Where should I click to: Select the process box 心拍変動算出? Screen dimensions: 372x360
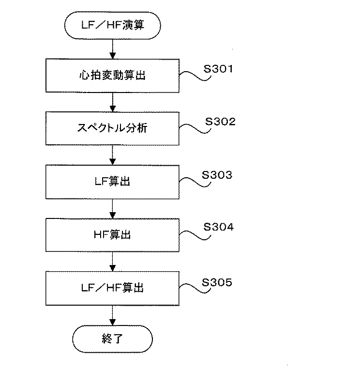[x=112, y=75]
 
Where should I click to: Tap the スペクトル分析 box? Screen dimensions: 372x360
[x=112, y=128]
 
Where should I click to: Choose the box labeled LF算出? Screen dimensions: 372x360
[x=112, y=182]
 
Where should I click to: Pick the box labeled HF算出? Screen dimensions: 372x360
[x=112, y=235]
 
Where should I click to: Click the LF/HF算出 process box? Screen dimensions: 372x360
[x=112, y=288]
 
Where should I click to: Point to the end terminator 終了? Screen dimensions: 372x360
[x=112, y=338]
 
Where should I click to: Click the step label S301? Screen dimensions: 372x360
[x=218, y=69]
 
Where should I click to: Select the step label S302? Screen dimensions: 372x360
[x=220, y=122]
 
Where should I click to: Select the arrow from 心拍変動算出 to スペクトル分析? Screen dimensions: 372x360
[x=112, y=101]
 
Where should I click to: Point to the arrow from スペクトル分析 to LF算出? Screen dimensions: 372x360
[x=112, y=155]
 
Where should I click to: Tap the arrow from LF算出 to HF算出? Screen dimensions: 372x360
[x=112, y=208]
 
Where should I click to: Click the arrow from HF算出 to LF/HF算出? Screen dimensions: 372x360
[x=112, y=261]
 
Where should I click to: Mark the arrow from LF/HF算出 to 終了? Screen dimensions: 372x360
[x=112, y=314]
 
